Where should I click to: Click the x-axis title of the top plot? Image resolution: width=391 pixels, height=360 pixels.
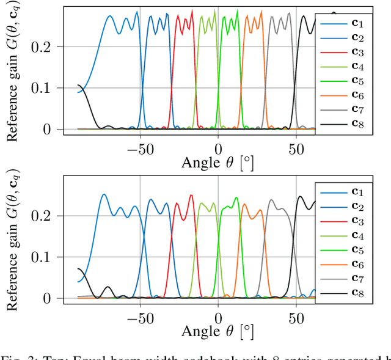217,163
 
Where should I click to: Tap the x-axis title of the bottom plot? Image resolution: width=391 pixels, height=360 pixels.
217,332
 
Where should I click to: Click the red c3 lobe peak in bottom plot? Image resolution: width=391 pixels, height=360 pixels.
191,196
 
